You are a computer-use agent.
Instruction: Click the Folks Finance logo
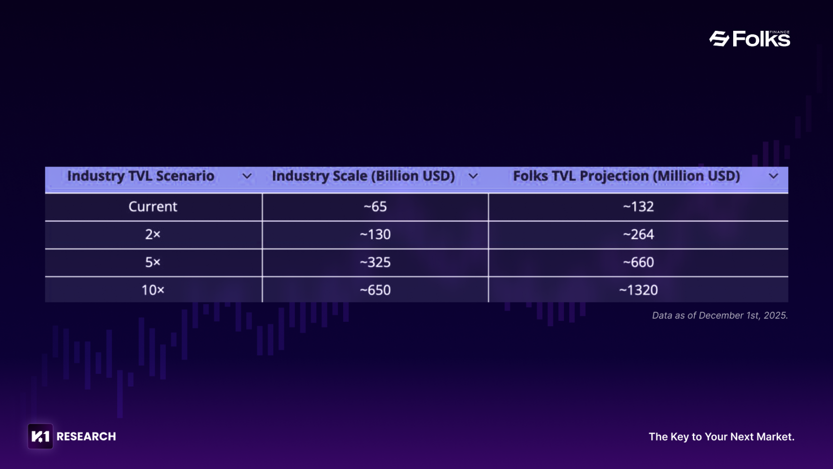point(750,39)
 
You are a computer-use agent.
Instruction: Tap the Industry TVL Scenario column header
point(140,176)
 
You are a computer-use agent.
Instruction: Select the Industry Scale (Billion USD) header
point(363,176)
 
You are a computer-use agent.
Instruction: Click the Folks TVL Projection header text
point(626,176)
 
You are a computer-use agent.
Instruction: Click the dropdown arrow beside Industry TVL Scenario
point(247,177)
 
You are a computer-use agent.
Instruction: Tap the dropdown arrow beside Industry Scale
point(473,177)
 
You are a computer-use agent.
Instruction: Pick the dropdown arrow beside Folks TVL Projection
point(773,177)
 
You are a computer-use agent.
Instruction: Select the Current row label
point(153,207)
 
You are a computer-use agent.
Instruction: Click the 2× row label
point(153,234)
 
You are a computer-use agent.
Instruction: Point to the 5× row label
point(153,262)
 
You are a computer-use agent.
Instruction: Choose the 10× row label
point(153,290)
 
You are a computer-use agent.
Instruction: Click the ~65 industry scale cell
point(375,207)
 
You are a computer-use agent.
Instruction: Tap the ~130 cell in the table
point(375,234)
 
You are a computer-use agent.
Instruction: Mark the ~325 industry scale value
point(375,262)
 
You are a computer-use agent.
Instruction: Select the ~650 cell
point(375,290)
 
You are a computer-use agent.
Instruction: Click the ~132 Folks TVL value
point(638,207)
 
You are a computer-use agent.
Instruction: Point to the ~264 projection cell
point(638,234)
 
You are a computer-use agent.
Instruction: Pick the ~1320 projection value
point(638,290)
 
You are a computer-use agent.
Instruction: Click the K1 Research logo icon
point(40,436)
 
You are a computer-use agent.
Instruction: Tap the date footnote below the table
point(720,316)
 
